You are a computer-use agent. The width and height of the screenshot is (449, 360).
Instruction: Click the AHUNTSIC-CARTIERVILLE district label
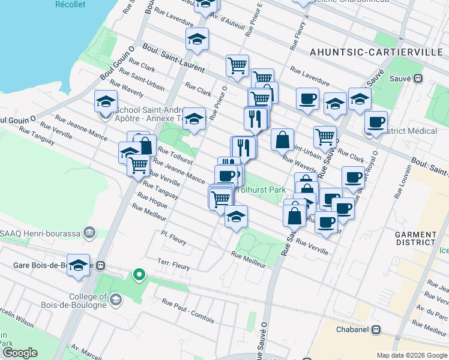pyautogui.click(x=376, y=52)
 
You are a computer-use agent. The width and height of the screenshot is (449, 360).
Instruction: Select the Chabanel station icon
pyautogui.click(x=376, y=329)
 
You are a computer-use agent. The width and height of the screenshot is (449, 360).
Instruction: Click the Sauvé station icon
pyautogui.click(x=418, y=78)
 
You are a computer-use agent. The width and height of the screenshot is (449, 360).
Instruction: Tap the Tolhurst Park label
pyautogui.click(x=261, y=190)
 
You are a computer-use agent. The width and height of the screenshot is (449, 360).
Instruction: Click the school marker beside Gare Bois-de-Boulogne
pyautogui.click(x=78, y=264)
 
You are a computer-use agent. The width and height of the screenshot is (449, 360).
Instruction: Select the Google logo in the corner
pyautogui.click(x=20, y=353)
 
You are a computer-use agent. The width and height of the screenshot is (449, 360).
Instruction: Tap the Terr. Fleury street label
pyautogui.click(x=173, y=264)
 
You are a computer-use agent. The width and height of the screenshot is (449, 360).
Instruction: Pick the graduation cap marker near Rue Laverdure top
pyautogui.click(x=197, y=39)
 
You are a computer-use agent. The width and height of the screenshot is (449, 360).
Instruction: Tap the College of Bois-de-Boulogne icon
pyautogui.click(x=116, y=299)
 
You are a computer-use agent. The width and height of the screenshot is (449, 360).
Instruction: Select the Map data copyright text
pyautogui.click(x=411, y=355)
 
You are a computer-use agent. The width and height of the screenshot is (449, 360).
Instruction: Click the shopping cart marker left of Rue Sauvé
pyautogui.click(x=325, y=136)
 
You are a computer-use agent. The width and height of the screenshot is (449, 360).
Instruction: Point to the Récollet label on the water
pyautogui.click(x=70, y=4)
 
